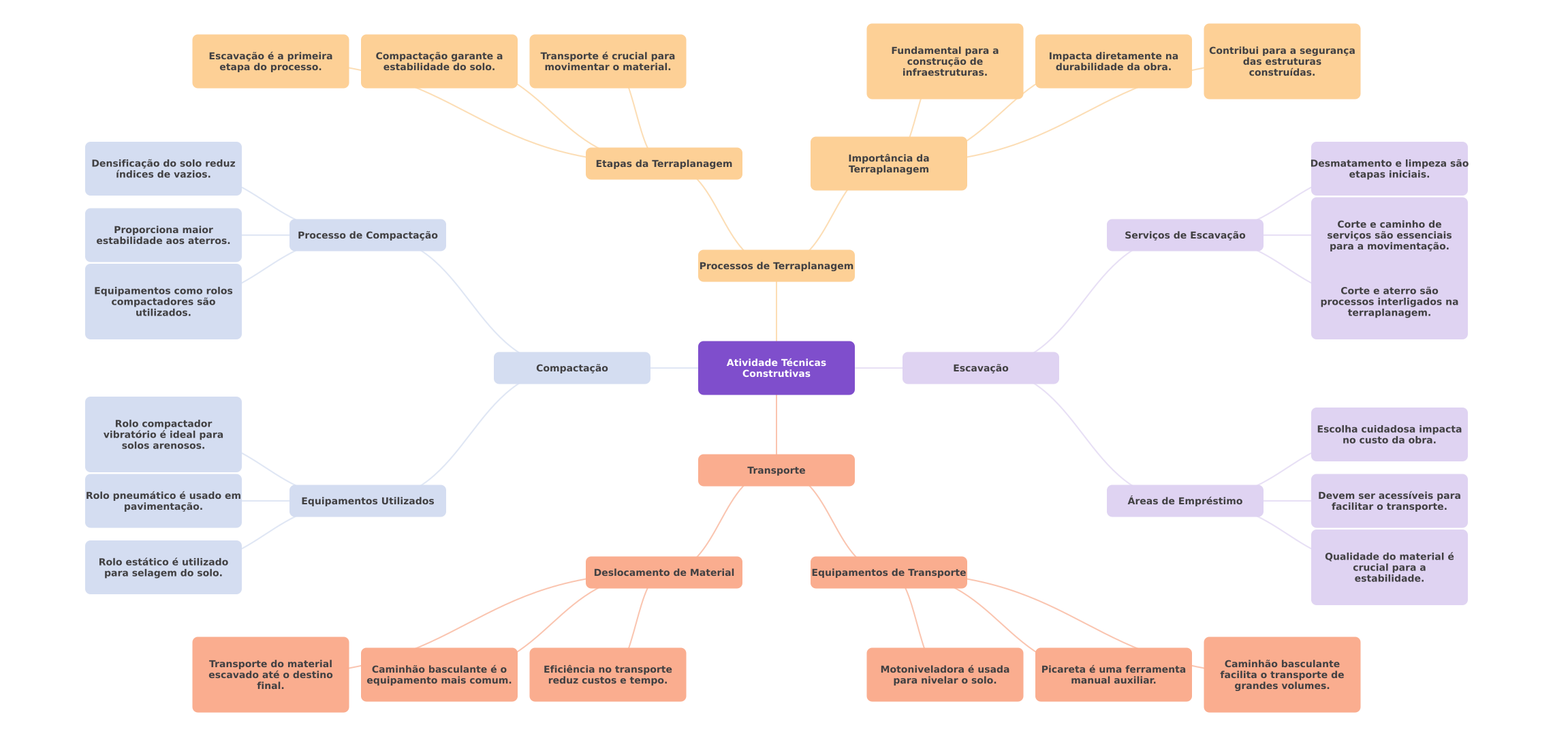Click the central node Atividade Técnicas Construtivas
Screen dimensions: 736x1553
(x=776, y=368)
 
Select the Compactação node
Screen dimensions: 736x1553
(x=571, y=368)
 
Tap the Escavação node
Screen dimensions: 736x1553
(x=980, y=368)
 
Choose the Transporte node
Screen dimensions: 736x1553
(x=776, y=470)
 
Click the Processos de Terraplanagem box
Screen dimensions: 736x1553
(x=776, y=266)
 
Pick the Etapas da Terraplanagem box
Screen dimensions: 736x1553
(x=663, y=164)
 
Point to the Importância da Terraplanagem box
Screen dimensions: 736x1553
(x=888, y=164)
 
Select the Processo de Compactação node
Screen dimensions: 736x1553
(x=367, y=235)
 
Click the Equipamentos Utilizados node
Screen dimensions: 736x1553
(x=367, y=501)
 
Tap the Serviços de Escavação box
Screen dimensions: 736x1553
(x=1185, y=235)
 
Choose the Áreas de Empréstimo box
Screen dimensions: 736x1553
(x=1185, y=501)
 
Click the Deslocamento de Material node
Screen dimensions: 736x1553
(x=663, y=572)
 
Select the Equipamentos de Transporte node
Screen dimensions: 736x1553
(x=888, y=572)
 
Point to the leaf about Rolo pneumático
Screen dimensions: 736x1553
(x=163, y=501)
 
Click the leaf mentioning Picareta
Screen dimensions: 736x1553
(x=1113, y=675)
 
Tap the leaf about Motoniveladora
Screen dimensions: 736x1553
(x=945, y=675)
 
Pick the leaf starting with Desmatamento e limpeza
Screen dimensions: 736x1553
(x=1389, y=169)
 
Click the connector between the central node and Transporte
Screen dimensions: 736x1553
(x=776, y=425)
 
